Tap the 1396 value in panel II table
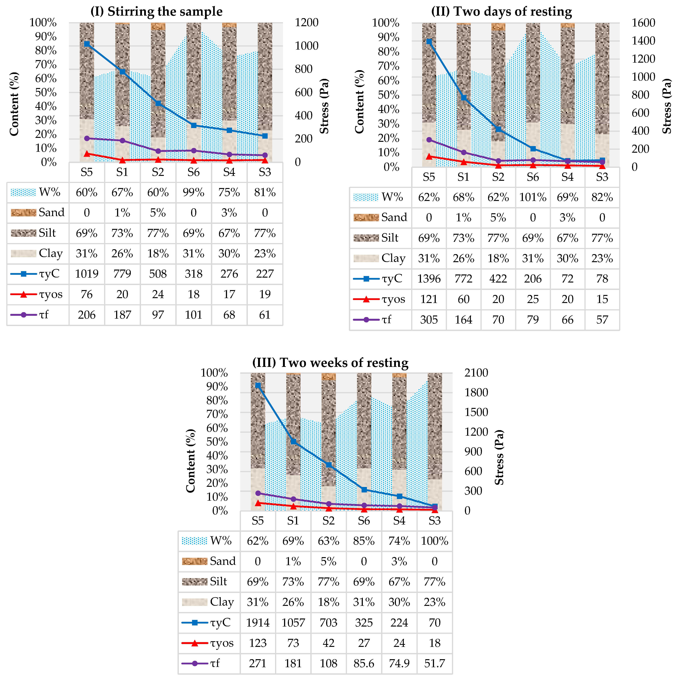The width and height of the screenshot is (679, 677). [x=429, y=279]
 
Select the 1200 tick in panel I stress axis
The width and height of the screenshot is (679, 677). [x=306, y=23]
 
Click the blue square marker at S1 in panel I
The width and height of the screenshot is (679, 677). [x=122, y=71]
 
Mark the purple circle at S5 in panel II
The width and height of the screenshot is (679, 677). [x=429, y=140]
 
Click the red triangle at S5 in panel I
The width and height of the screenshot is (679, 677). [x=87, y=153]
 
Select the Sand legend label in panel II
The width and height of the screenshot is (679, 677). [x=394, y=218]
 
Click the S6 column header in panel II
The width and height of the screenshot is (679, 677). [x=533, y=177]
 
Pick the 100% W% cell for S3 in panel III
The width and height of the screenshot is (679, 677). [x=435, y=541]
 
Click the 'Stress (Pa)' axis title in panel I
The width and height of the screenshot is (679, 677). [x=324, y=106]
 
